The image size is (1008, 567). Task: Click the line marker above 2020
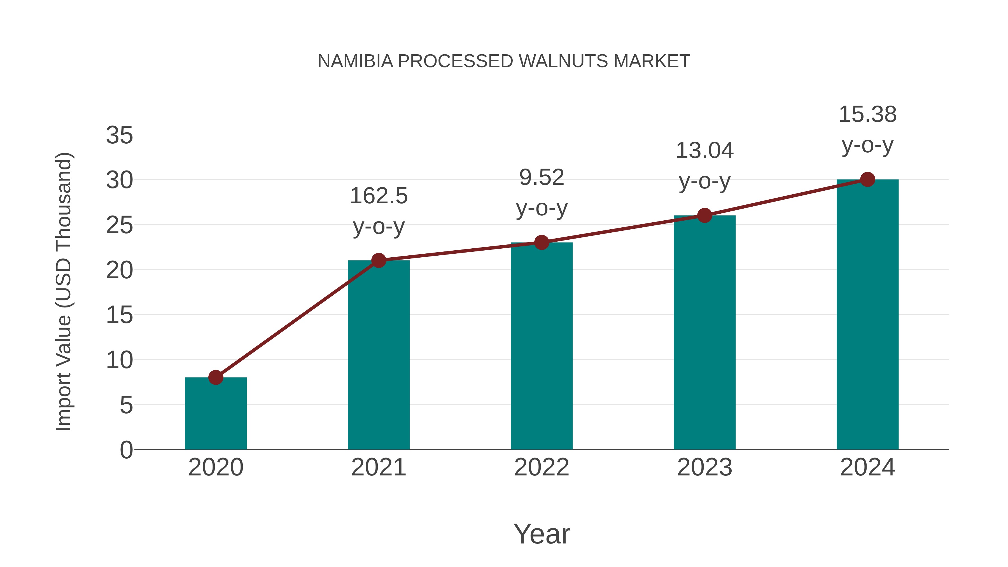click(x=216, y=378)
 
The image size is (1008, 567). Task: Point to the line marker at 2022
click(x=542, y=242)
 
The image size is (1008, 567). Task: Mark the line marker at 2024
click(x=867, y=179)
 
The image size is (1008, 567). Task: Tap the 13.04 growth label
click(x=704, y=165)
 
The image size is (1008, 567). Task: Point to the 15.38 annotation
click(x=867, y=130)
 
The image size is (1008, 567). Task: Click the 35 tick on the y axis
click(x=119, y=136)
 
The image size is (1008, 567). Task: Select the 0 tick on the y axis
click(x=126, y=450)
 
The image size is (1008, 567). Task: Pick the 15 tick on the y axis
click(x=119, y=315)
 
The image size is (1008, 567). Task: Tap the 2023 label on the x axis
click(x=704, y=467)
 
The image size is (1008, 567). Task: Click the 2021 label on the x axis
click(x=378, y=467)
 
